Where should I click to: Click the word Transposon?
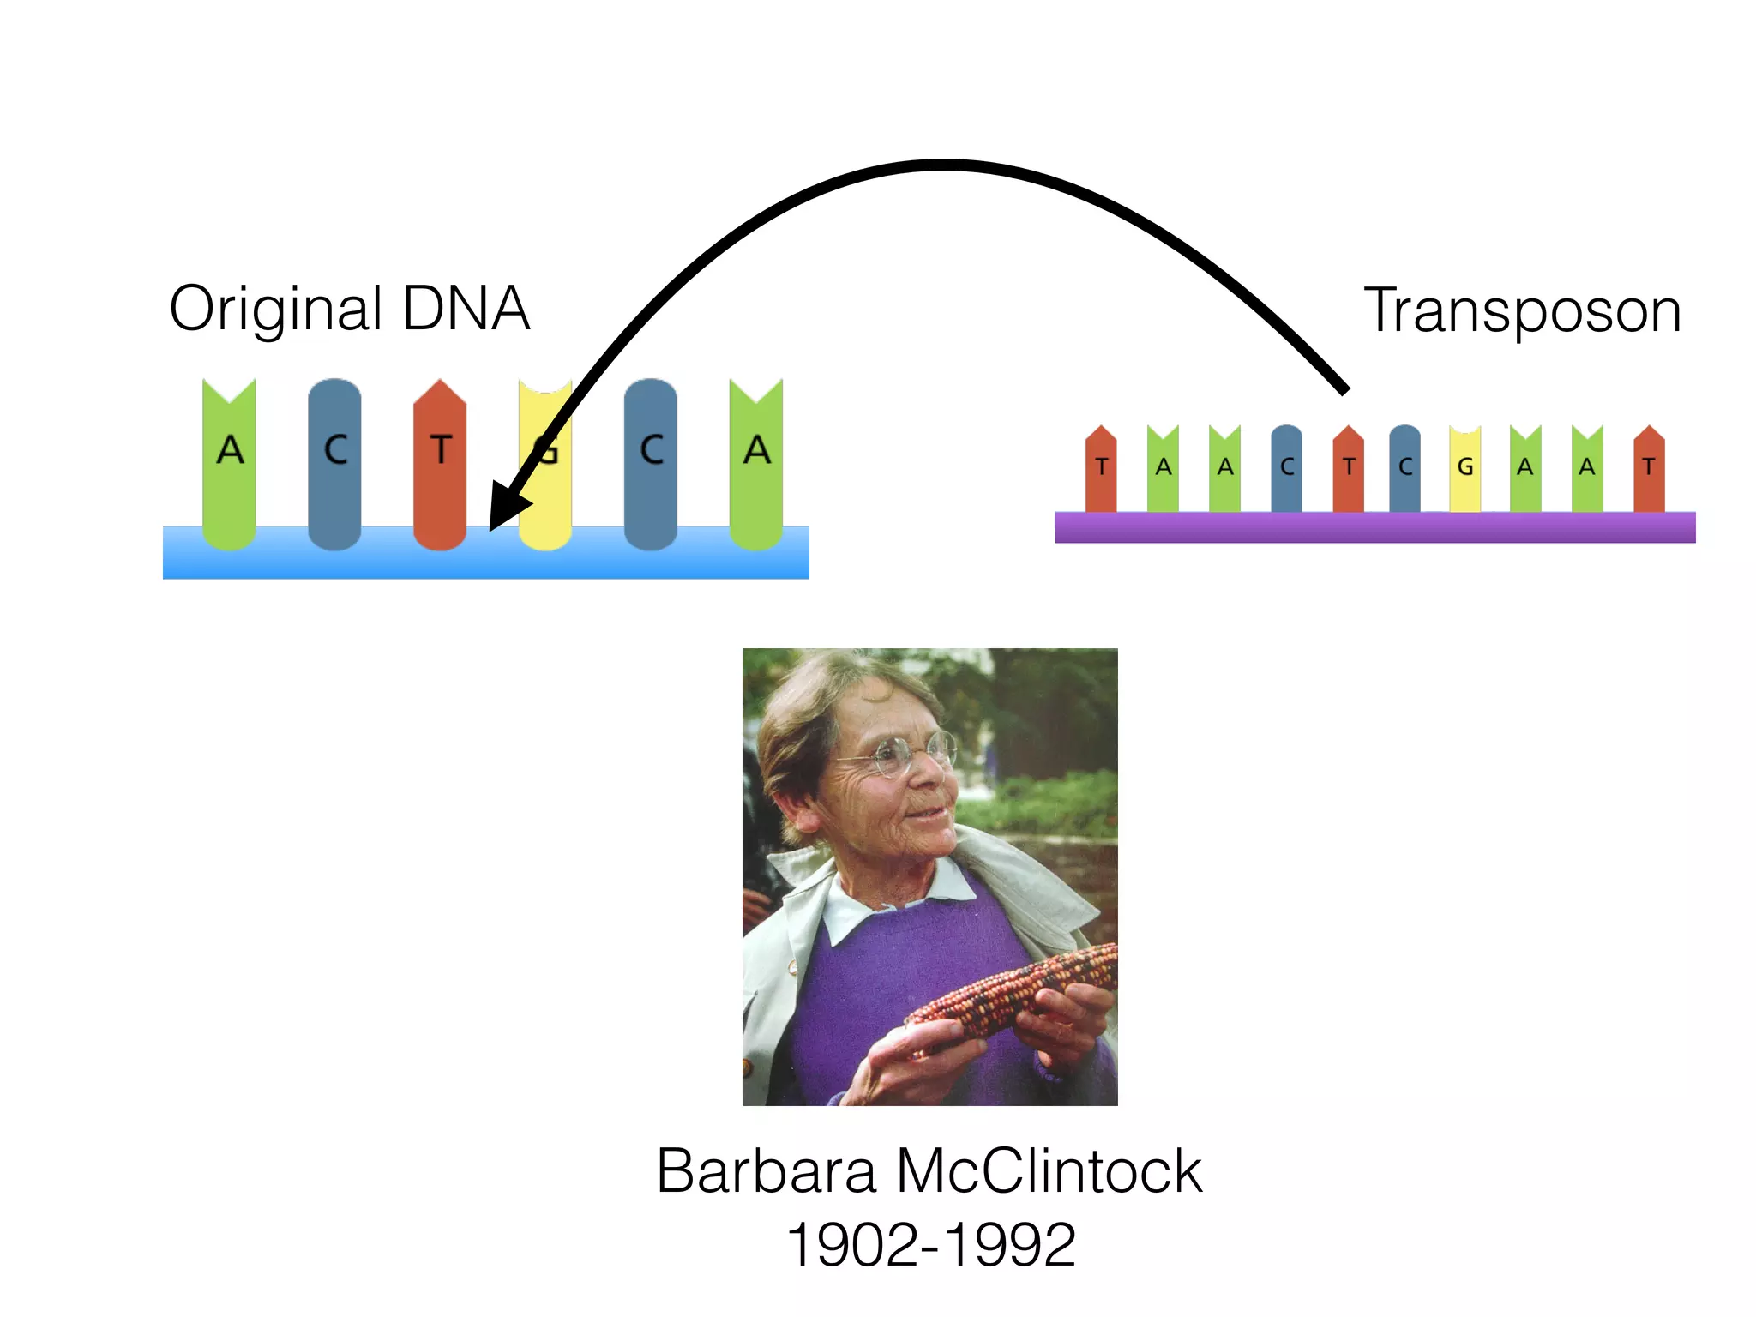1522,310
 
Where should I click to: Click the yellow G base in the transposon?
1464,469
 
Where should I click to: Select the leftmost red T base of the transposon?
1101,469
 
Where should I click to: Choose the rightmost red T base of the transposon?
1649,469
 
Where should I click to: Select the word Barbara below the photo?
766,1171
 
